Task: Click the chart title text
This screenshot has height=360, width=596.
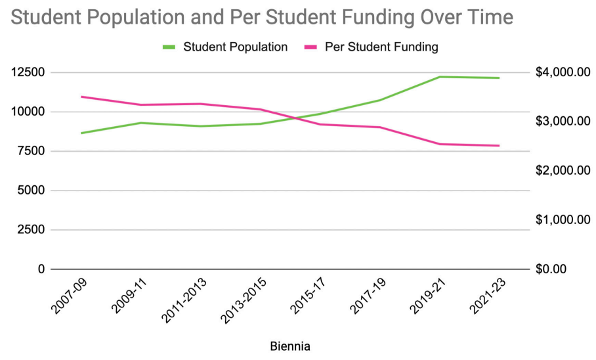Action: pos(262,16)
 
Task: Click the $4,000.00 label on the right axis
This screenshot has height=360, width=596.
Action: pos(563,72)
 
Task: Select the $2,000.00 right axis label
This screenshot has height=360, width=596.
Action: pos(563,171)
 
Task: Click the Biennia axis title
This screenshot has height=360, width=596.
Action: pos(290,346)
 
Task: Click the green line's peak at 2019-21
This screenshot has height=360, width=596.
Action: pos(439,77)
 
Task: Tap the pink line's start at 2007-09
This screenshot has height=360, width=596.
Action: pos(81,97)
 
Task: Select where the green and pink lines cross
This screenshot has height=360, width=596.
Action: pos(298,119)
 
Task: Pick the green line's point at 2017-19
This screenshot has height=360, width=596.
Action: pos(380,100)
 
